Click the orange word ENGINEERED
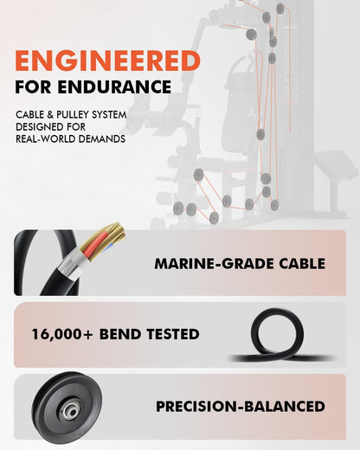tap(107, 61)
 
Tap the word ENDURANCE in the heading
tap(114, 87)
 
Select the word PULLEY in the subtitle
tap(72, 114)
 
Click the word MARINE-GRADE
tap(215, 264)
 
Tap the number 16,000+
tap(62, 334)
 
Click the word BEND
tap(120, 334)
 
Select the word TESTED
tap(173, 334)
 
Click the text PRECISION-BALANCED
tap(241, 406)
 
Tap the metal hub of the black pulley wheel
tap(71, 411)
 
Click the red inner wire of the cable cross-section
tap(96, 244)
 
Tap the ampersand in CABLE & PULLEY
tap(50, 115)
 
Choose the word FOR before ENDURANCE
tap(33, 87)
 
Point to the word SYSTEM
tap(109, 114)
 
